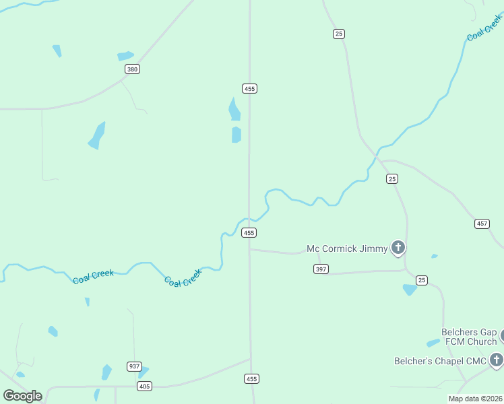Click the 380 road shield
pos(132,69)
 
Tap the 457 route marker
pos(482,224)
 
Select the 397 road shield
pos(321,269)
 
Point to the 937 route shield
pos(134,366)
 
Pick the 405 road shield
pos(144,386)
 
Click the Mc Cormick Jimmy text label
pos(347,249)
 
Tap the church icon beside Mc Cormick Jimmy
pos(398,248)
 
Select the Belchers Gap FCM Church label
pos(469,337)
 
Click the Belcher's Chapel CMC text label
pos(440,362)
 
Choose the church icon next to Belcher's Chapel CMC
pos(497,360)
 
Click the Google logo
pos(22,396)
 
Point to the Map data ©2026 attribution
pos(475,399)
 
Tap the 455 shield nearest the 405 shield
pos(251,379)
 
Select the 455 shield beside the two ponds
pos(249,88)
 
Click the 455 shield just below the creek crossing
pos(249,233)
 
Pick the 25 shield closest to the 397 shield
pos(422,280)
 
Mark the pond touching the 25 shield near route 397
pos(410,290)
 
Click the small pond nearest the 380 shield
pos(125,56)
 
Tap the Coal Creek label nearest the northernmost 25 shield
pos(484,28)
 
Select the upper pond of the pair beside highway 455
pos(234,110)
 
